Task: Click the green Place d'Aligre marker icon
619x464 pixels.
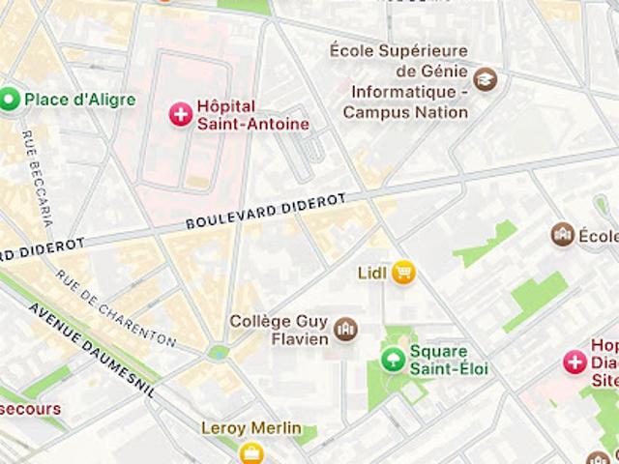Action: point(11,99)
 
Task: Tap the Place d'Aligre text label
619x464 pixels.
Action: point(79,100)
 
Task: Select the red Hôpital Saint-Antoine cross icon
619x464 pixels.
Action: point(180,115)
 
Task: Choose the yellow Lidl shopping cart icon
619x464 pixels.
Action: point(403,274)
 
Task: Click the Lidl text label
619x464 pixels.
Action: point(371,274)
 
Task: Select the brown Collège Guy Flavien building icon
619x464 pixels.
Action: point(344,331)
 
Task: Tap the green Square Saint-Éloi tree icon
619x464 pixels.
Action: point(393,361)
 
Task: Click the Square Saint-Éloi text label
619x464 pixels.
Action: point(449,361)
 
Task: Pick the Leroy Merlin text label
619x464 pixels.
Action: point(251,428)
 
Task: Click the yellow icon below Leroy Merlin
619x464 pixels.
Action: point(251,452)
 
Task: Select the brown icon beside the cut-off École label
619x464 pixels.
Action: point(562,235)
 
